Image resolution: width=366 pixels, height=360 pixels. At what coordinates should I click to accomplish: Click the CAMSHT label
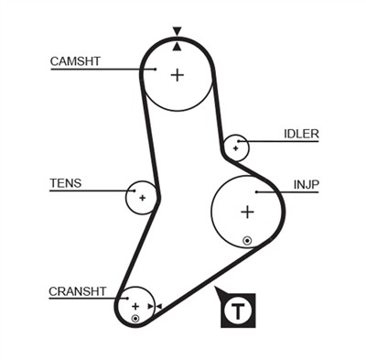(74, 61)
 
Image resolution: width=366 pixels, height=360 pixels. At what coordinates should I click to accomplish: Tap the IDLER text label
(301, 134)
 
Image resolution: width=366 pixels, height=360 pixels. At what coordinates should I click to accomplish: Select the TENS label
(65, 183)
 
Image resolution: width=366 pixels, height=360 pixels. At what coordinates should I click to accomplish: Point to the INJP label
(306, 184)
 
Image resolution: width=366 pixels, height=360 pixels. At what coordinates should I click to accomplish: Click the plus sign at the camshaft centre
(177, 74)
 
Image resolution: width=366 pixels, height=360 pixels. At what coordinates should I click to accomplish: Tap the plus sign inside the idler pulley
(236, 147)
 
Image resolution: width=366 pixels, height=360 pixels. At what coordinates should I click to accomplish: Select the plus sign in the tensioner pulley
(142, 197)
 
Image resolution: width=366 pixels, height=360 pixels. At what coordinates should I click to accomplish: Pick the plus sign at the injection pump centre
(246, 213)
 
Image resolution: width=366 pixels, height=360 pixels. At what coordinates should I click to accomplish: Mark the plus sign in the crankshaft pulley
(135, 306)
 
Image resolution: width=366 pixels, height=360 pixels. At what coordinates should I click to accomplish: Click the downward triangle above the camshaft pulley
(177, 31)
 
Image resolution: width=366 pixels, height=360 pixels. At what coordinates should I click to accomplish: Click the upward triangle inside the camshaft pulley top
(177, 44)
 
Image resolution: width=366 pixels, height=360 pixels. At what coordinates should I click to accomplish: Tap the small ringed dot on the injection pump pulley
(246, 241)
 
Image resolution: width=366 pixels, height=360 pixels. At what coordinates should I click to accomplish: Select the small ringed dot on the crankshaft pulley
(135, 318)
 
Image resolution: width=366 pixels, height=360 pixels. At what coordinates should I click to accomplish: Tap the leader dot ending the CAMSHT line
(156, 69)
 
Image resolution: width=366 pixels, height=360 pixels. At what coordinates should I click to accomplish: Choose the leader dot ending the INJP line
(257, 192)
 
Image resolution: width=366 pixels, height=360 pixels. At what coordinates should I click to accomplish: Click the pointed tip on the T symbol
(216, 290)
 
